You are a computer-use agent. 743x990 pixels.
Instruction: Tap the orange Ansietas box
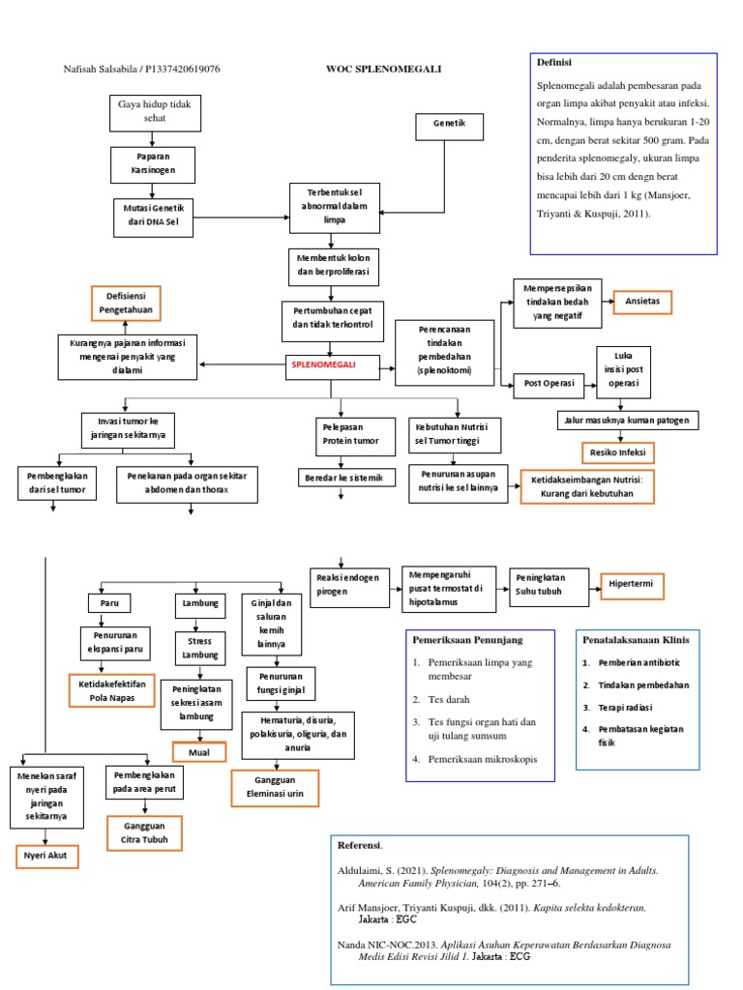point(642,301)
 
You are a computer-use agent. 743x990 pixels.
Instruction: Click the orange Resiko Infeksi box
point(617,452)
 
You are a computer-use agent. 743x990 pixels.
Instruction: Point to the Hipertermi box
point(632,584)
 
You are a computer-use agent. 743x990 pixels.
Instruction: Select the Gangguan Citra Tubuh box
point(144,832)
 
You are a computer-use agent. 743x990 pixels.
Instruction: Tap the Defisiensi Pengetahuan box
point(126,303)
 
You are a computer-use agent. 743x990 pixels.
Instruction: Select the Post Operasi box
point(549,384)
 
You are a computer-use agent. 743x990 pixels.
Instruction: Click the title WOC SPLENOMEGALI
point(383,69)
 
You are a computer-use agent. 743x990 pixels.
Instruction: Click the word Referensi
point(360,845)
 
